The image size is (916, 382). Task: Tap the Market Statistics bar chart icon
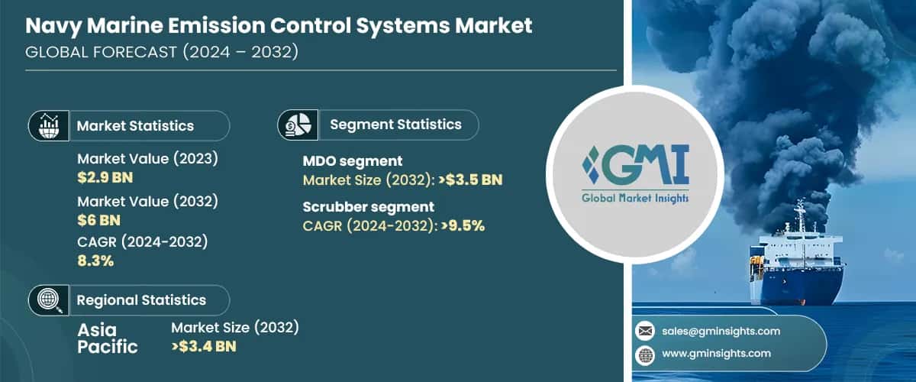click(48, 125)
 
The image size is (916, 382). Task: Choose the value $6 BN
click(98, 220)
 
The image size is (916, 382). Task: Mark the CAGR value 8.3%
click(95, 261)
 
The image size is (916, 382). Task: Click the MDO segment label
click(353, 161)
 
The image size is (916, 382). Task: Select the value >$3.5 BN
click(466, 180)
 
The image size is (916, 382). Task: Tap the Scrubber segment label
click(369, 206)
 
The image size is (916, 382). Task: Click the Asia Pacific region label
click(108, 337)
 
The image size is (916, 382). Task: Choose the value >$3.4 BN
click(204, 347)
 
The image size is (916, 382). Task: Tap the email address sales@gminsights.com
click(721, 331)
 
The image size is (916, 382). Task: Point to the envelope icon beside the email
click(645, 331)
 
